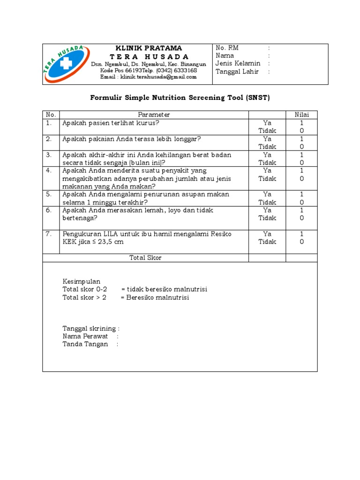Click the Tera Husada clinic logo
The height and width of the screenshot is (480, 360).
(65, 65)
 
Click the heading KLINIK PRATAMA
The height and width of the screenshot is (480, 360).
(149, 48)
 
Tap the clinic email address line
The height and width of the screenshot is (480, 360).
(148, 77)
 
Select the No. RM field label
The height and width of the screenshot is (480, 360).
(227, 48)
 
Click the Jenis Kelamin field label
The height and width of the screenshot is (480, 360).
(238, 64)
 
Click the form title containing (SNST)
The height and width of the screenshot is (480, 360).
(180, 98)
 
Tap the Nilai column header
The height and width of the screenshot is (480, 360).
(301, 115)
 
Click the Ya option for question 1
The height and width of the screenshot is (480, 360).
(267, 123)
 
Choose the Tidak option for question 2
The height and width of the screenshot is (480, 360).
(267, 147)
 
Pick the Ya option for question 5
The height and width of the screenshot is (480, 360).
(267, 194)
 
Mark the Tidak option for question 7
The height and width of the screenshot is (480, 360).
(267, 242)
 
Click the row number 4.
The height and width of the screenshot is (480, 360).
(48, 171)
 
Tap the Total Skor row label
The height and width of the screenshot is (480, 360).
(145, 258)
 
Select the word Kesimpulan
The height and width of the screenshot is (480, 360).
(82, 281)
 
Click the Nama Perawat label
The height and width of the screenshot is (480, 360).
(85, 336)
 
